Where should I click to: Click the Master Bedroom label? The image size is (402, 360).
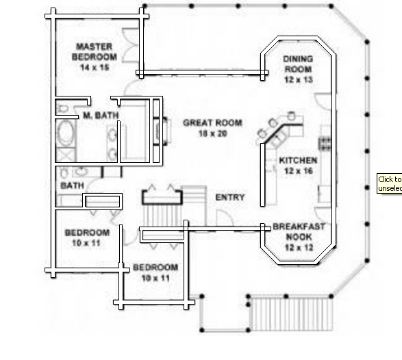click(x=95, y=52)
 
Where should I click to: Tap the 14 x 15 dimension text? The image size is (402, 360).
click(x=95, y=67)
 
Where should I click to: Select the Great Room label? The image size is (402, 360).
click(x=212, y=123)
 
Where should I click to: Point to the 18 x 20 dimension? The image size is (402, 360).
click(x=213, y=133)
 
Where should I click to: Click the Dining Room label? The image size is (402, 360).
click(x=298, y=64)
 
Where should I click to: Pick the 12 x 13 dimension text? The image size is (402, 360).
click(x=299, y=79)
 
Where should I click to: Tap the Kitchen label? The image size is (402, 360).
click(x=298, y=160)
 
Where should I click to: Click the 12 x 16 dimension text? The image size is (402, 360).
click(x=299, y=170)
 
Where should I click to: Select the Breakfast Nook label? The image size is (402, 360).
click(x=299, y=231)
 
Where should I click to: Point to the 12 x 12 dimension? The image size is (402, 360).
click(x=299, y=248)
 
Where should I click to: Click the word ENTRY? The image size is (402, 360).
click(x=230, y=197)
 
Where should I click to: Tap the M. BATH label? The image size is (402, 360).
click(x=101, y=115)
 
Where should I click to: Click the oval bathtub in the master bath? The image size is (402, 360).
click(x=65, y=133)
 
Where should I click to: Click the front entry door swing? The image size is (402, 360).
click(x=225, y=218)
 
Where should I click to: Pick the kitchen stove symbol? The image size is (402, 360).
click(x=325, y=144)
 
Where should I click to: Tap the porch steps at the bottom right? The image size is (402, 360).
click(x=292, y=313)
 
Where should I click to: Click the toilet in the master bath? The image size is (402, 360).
click(x=62, y=108)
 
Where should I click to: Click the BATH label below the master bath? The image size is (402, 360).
click(x=73, y=185)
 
